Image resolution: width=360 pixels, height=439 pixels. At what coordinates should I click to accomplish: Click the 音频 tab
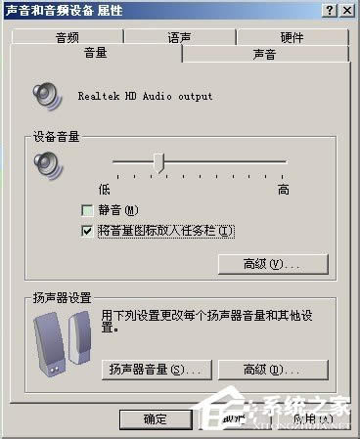click(67, 38)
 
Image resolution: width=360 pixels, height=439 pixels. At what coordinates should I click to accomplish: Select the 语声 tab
click(179, 38)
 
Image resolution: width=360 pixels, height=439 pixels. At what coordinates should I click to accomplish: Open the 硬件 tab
click(292, 38)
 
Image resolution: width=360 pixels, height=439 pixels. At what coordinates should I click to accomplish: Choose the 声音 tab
click(263, 55)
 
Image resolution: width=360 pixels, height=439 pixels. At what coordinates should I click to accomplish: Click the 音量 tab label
click(96, 54)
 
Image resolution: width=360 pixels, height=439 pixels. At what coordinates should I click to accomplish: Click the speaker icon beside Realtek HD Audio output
click(48, 96)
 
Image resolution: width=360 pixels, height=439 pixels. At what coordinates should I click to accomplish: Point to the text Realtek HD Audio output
click(145, 97)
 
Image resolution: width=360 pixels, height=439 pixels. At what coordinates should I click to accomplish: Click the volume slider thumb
click(158, 161)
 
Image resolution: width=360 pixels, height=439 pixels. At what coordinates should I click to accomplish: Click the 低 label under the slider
click(104, 186)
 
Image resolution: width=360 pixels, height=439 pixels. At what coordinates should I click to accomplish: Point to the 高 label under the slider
click(284, 186)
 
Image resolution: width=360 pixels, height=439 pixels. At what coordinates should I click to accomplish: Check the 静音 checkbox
click(89, 210)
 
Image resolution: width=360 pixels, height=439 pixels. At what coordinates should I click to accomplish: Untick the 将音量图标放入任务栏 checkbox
click(89, 231)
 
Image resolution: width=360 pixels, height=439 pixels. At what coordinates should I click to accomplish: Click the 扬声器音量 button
click(156, 369)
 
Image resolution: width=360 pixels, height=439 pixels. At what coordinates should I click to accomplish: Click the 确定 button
click(155, 418)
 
